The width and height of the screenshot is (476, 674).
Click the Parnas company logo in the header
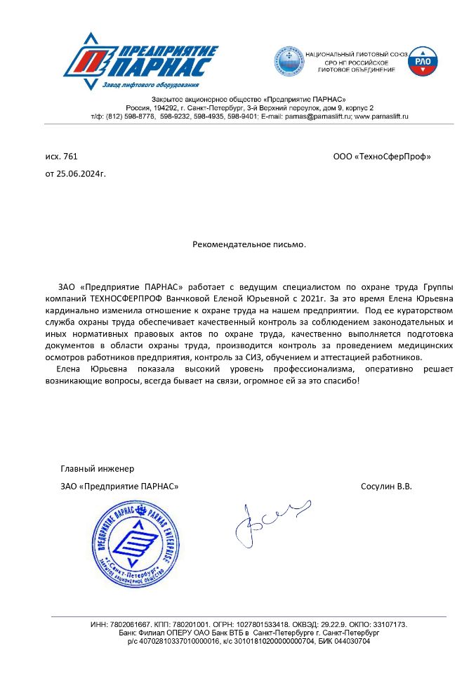pyautogui.click(x=140, y=62)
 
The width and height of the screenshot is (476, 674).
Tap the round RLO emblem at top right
pyautogui.click(x=423, y=61)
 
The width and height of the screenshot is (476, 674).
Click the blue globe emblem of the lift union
pyautogui.click(x=289, y=62)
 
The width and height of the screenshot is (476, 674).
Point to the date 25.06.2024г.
pyautogui.click(x=81, y=173)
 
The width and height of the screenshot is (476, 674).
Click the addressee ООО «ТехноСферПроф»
pyautogui.click(x=381, y=156)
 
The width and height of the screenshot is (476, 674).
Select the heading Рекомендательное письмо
pyautogui.click(x=249, y=245)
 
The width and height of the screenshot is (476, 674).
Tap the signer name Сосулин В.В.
pyautogui.click(x=385, y=486)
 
